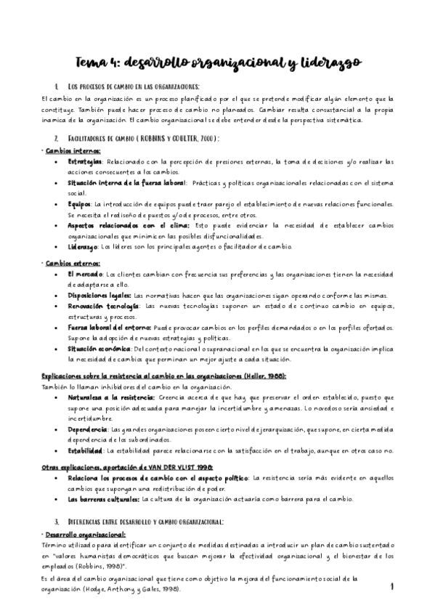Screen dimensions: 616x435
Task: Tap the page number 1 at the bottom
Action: click(391, 585)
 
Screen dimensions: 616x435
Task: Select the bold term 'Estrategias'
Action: click(85, 161)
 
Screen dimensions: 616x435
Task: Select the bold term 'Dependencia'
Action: click(87, 430)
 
